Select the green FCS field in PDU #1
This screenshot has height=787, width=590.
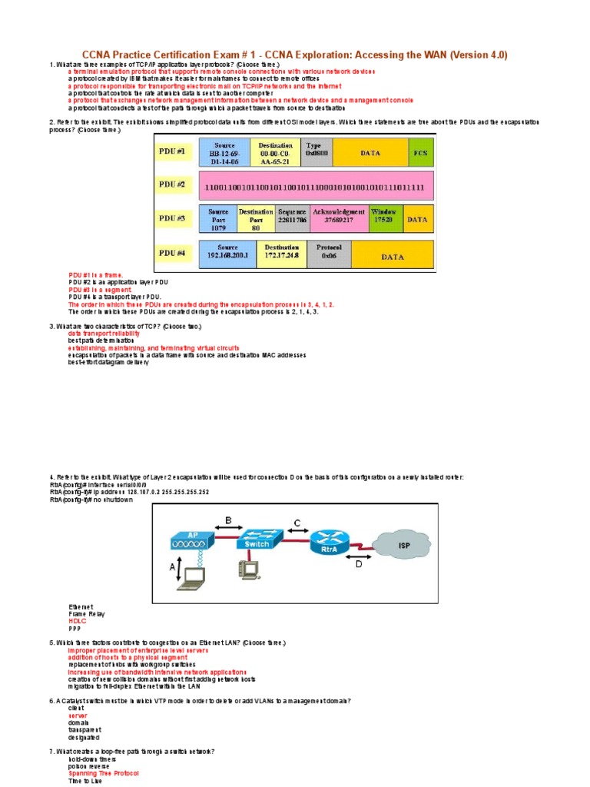click(420, 153)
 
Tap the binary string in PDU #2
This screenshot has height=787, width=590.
click(312, 186)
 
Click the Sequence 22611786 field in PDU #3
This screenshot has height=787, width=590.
click(293, 218)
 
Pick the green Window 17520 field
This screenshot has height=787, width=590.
click(384, 215)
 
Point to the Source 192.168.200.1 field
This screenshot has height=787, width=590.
click(227, 253)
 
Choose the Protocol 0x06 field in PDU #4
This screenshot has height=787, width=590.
click(329, 252)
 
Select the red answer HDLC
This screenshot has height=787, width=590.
click(76, 621)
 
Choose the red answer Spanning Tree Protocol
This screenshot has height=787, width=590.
click(103, 772)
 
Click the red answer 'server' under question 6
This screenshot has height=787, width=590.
click(78, 716)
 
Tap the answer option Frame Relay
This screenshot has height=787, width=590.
click(86, 614)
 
